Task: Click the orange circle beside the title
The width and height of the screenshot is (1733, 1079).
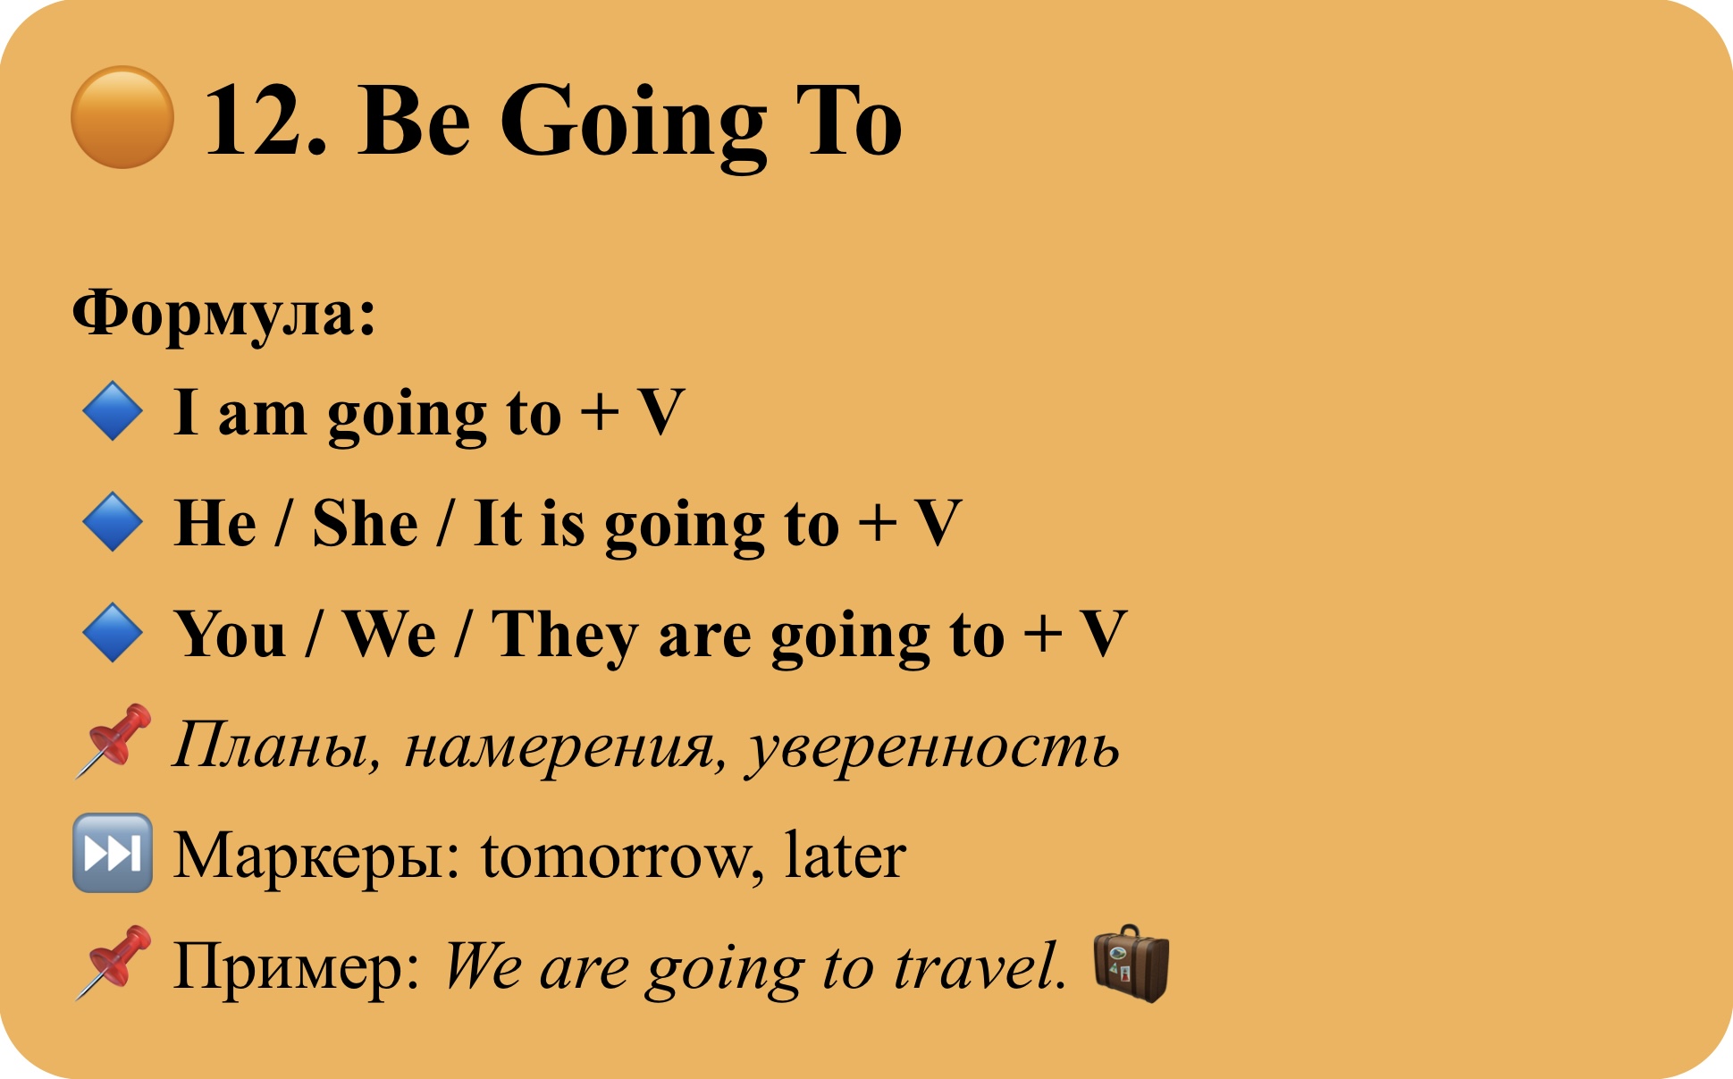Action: click(x=122, y=117)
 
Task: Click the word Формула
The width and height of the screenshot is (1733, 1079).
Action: click(x=215, y=316)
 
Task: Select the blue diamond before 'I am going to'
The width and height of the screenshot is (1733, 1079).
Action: click(x=113, y=411)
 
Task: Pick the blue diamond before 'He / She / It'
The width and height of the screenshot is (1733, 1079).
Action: click(x=113, y=522)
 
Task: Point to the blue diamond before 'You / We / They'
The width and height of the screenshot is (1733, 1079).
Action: click(x=113, y=633)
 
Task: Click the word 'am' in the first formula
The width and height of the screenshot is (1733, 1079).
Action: click(x=262, y=416)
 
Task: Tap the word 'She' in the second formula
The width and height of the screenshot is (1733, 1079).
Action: click(x=365, y=523)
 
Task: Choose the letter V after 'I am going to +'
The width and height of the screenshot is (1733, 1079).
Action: click(x=661, y=412)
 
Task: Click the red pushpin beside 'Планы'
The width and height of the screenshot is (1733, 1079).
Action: click(x=113, y=740)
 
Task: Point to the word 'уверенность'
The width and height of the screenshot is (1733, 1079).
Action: click(x=933, y=749)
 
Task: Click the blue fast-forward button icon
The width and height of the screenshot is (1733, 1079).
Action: click(x=113, y=853)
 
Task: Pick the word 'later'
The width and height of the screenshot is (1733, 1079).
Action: click(x=845, y=855)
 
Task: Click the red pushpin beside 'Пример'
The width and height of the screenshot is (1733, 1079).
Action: click(x=113, y=962)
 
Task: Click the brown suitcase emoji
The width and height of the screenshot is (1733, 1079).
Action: click(x=1131, y=963)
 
